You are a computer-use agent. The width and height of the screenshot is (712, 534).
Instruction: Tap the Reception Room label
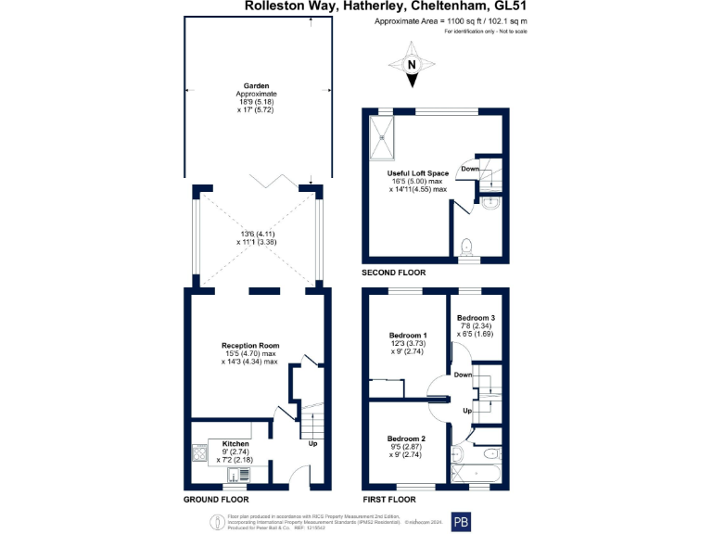[x=249, y=346]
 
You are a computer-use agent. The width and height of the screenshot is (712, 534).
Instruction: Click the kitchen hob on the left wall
[x=197, y=453]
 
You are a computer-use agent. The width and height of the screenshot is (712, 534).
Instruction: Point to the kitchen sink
[x=242, y=475]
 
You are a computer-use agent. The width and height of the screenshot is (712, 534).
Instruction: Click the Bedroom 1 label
[x=407, y=335]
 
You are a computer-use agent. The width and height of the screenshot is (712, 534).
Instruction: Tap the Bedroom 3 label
[x=476, y=317]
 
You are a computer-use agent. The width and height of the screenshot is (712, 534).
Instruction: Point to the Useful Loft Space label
[x=417, y=173]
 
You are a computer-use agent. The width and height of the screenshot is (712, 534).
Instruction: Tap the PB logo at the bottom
[x=461, y=521]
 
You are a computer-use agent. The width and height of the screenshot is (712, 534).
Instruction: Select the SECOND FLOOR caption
[x=394, y=273]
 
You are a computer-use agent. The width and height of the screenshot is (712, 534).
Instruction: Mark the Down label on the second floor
[x=470, y=169]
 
